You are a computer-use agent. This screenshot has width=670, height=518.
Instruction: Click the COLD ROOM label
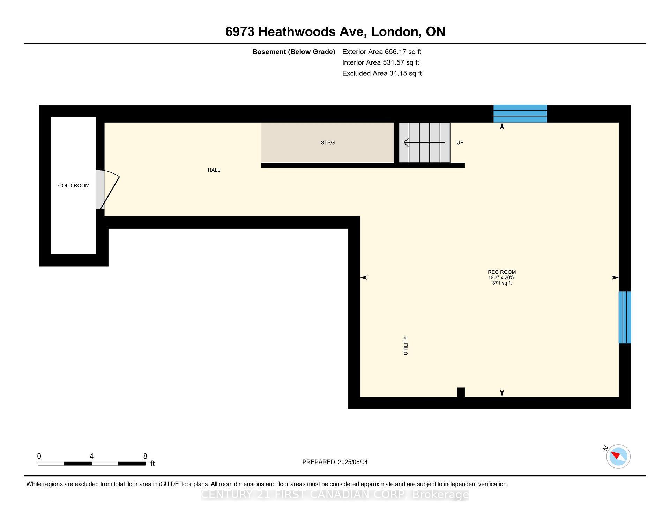coord(74,186)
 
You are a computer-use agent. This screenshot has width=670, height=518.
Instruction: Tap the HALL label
coord(214,170)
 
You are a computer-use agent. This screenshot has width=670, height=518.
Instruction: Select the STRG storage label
coord(328,142)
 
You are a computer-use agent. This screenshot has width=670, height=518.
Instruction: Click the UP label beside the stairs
coord(460,142)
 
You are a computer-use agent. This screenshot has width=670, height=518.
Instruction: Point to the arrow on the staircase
coord(424,142)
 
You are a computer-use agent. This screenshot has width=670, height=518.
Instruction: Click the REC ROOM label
coord(501,272)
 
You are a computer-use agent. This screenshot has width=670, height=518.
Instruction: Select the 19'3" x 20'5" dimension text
coord(501,277)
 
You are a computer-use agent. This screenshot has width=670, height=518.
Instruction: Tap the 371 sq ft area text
coord(501,283)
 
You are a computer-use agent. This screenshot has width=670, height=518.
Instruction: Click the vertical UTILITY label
coord(405,346)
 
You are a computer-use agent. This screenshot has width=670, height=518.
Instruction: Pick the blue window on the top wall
coord(520,113)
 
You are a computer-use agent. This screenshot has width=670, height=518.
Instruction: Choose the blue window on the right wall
coord(625,317)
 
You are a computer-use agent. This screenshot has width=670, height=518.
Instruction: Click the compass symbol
coord(618,456)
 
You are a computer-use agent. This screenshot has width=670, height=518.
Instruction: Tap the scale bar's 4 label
coord(91,456)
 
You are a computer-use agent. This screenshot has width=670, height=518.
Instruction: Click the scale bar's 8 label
coord(145,456)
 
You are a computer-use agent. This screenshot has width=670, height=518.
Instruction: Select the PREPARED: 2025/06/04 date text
coord(335,462)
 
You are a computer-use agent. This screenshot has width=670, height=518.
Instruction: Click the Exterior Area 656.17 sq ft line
coord(381,52)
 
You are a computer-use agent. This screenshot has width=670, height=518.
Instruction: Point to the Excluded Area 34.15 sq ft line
coord(382,73)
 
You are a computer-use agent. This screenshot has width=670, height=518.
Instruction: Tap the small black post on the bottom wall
coord(461,392)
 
